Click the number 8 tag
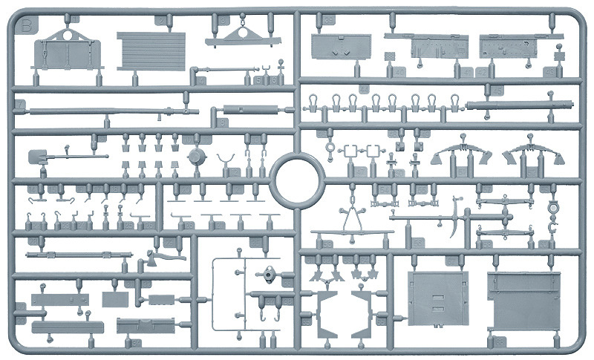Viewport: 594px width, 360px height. point(221,122)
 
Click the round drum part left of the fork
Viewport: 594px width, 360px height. point(196,158)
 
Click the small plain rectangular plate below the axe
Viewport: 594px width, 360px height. point(160,301)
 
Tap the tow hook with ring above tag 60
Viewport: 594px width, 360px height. point(551,210)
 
